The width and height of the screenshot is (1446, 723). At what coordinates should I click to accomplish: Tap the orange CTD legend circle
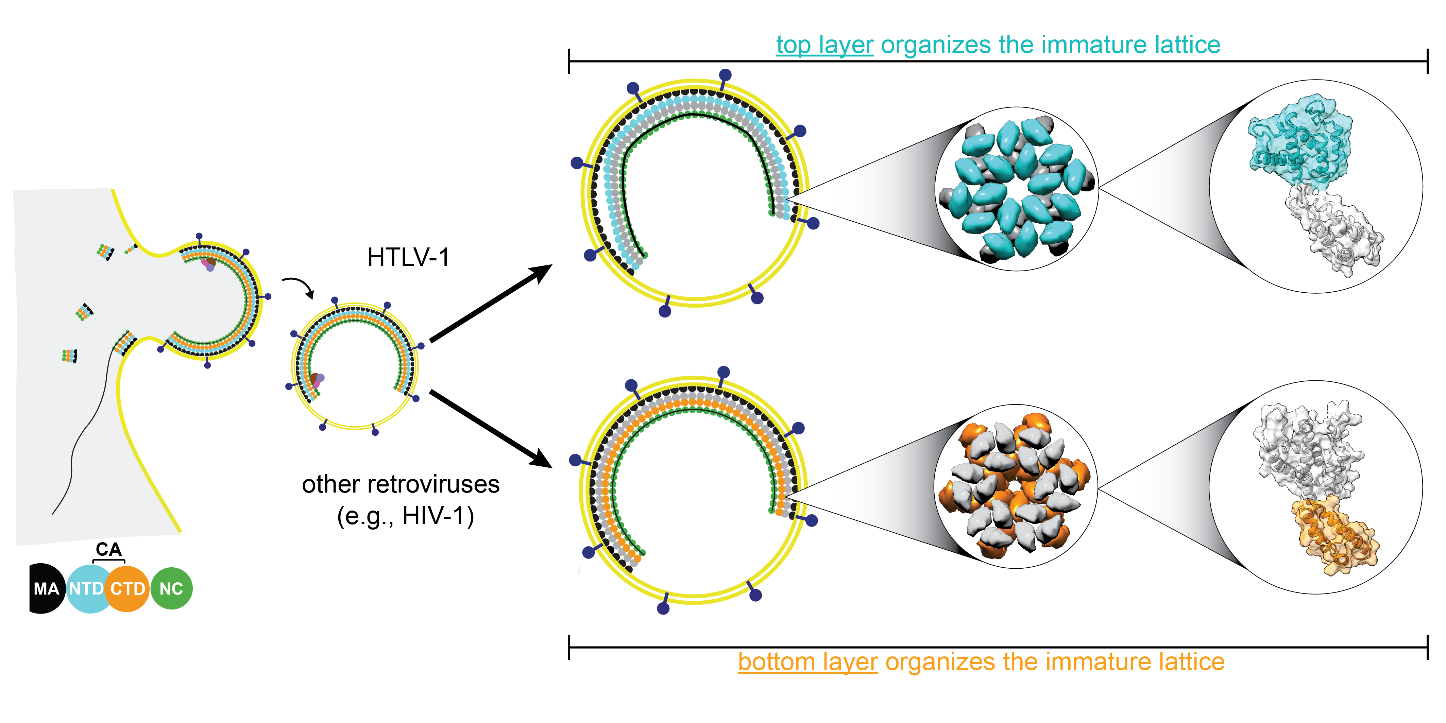click(x=128, y=588)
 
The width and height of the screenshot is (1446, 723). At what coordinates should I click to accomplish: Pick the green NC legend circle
click(x=171, y=588)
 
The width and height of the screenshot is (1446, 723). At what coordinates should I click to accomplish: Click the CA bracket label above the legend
click(x=108, y=549)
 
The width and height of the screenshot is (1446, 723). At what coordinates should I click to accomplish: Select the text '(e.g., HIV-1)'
click(x=405, y=515)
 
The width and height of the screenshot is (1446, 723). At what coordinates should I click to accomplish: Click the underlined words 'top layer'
click(x=824, y=45)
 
